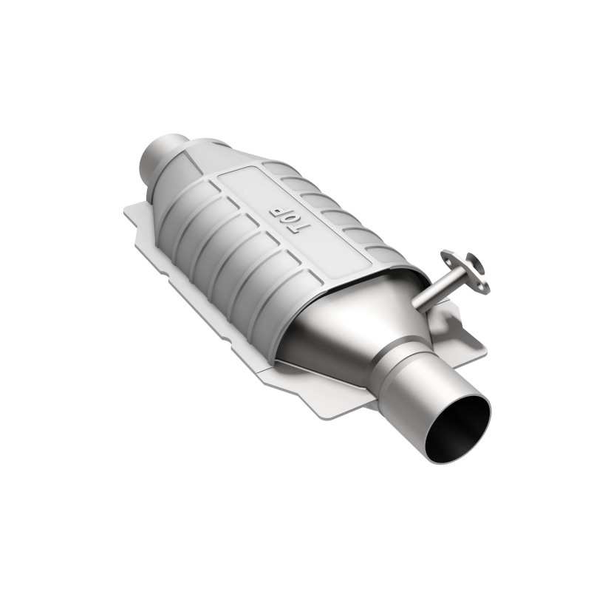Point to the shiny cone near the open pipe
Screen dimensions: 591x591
click(x=347, y=325)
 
